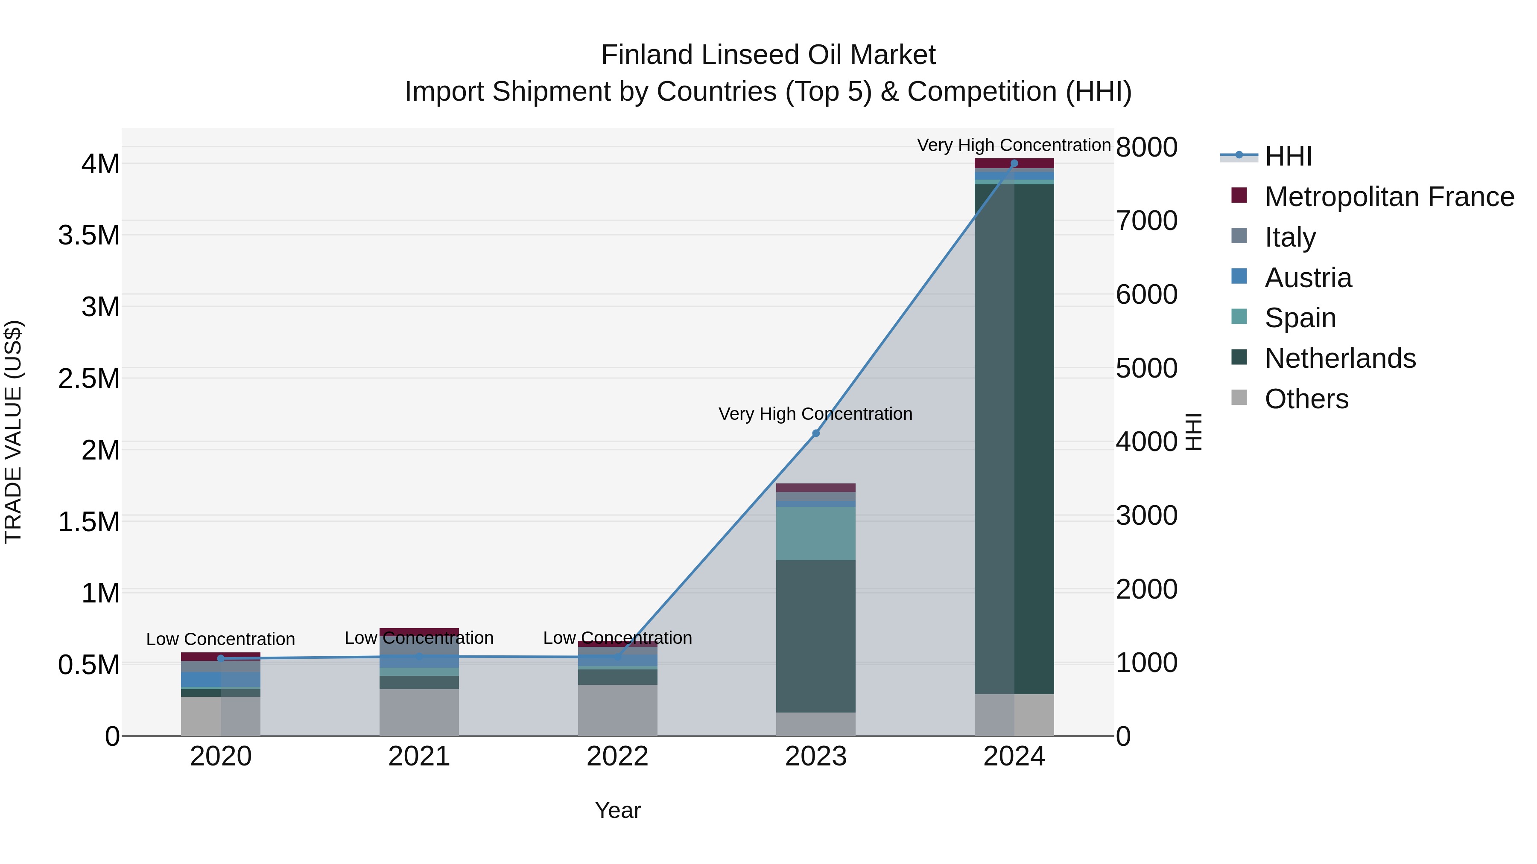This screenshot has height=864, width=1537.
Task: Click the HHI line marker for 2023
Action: click(815, 433)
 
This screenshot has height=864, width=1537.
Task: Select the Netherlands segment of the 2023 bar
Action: click(815, 636)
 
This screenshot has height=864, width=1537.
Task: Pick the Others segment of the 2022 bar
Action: click(617, 710)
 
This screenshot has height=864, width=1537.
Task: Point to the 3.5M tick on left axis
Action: click(89, 236)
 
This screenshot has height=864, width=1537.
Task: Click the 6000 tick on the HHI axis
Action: click(1146, 294)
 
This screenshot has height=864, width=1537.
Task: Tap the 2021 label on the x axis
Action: click(419, 756)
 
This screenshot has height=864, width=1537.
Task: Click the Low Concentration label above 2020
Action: click(220, 639)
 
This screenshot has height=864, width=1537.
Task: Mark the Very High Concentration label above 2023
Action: click(815, 414)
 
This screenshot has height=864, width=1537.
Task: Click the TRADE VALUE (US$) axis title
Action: click(13, 432)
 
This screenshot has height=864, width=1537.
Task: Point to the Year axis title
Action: click(617, 810)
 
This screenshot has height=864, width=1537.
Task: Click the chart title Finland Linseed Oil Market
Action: click(768, 55)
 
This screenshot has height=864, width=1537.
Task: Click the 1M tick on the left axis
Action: click(100, 593)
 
